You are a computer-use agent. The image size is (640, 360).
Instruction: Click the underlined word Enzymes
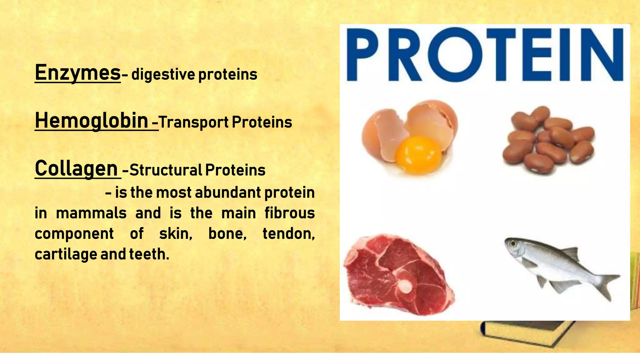tap(77, 73)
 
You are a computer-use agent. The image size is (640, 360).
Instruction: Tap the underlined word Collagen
tap(76, 168)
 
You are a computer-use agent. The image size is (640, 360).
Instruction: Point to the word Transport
tap(194, 122)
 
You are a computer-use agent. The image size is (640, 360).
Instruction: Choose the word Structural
tap(166, 170)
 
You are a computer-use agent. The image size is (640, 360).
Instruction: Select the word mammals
tap(91, 213)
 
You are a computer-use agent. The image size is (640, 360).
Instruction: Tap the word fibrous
tap(289, 213)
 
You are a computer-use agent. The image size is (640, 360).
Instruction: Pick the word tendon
tap(288, 234)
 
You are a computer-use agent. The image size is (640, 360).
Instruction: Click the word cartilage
tap(66, 254)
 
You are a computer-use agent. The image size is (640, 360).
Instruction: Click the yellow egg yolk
tap(418, 154)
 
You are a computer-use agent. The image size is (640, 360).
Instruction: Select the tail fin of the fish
tap(608, 284)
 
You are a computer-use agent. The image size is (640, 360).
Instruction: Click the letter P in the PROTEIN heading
tap(362, 55)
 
